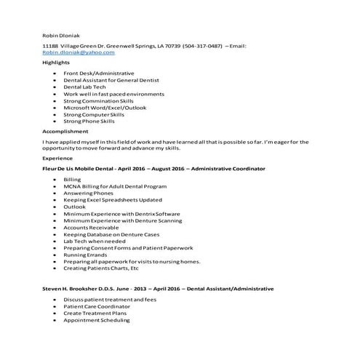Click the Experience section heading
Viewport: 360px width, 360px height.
58,158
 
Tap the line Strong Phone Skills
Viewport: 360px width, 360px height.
90,121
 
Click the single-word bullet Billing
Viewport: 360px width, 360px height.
73,179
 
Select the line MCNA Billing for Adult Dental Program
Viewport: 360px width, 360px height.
115,186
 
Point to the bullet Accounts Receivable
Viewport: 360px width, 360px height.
92,228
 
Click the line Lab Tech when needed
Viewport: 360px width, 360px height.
95,241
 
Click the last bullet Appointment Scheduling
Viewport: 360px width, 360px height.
97,321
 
